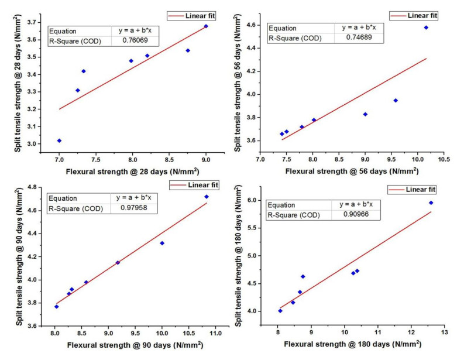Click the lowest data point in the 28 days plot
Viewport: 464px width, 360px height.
click(59, 140)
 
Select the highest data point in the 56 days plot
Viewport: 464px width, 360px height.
click(426, 28)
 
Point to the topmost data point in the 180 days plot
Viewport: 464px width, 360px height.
click(431, 203)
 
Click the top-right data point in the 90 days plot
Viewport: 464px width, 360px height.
click(206, 197)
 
